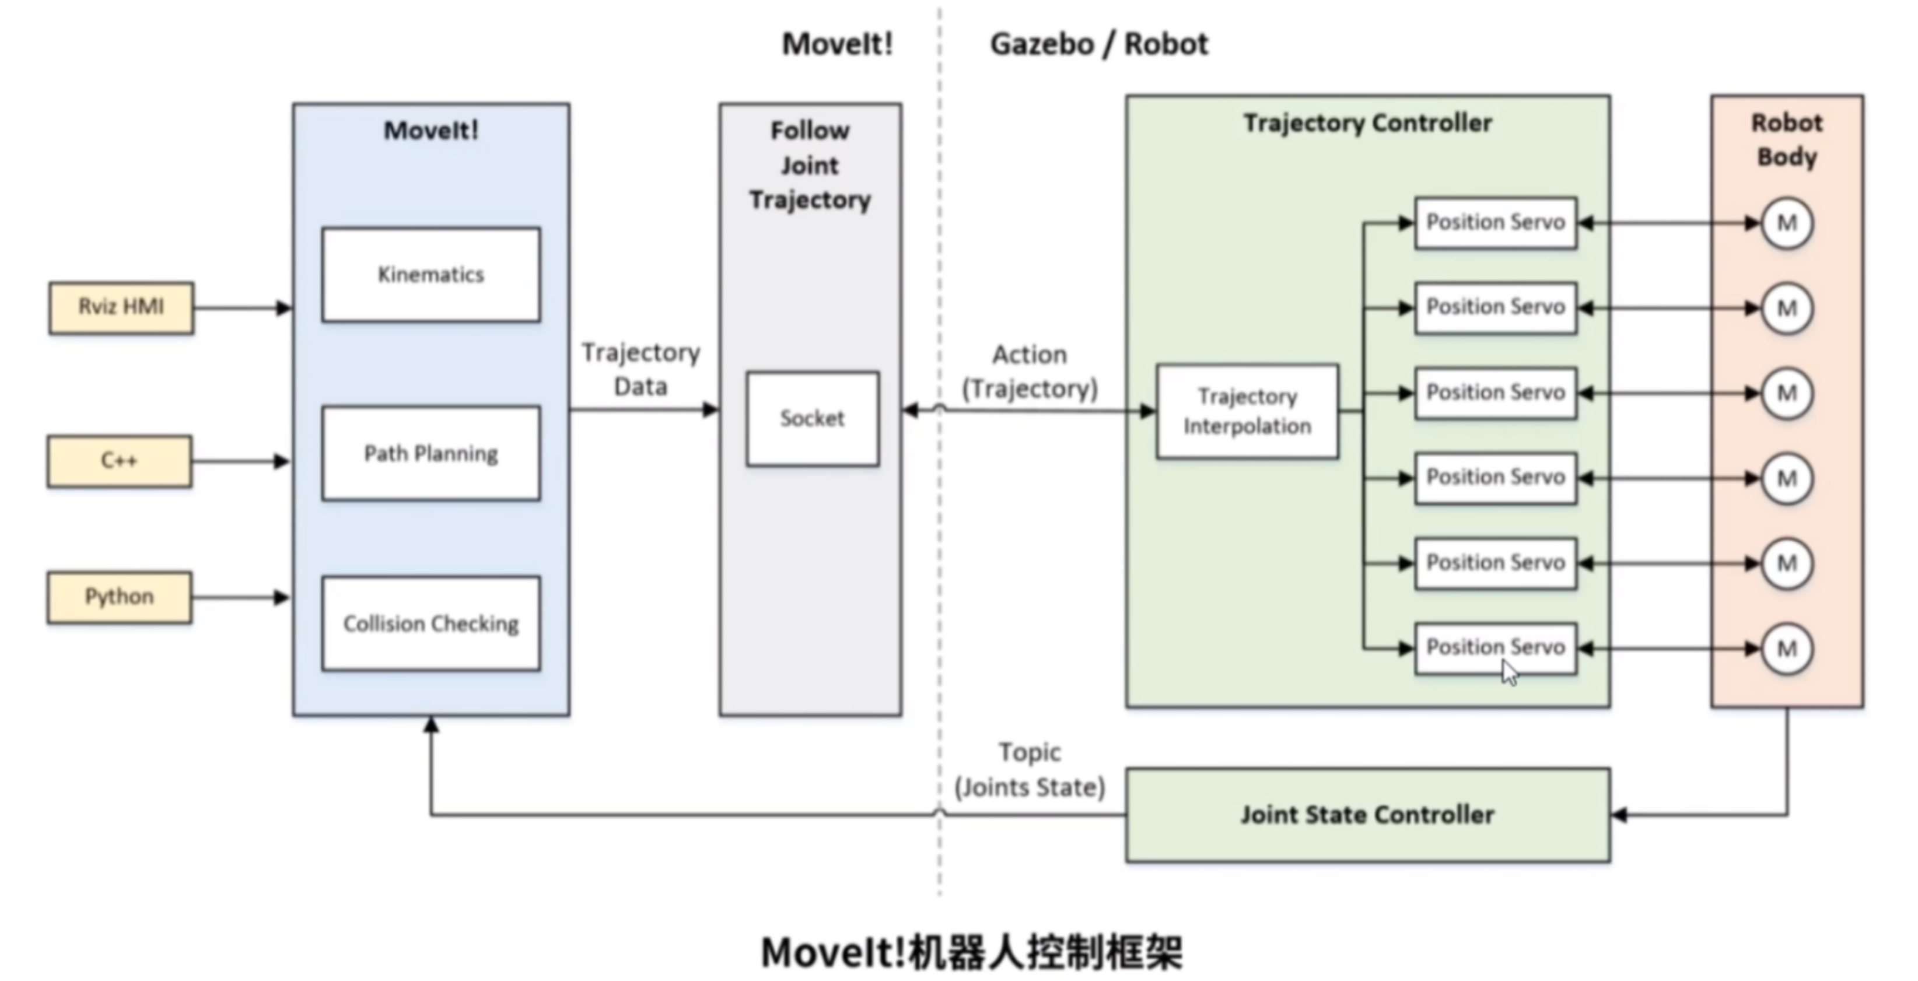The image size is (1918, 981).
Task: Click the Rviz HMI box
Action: tap(121, 307)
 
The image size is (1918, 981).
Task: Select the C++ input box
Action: tap(119, 461)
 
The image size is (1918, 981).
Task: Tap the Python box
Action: tap(119, 597)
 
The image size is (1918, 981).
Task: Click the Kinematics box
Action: tap(431, 275)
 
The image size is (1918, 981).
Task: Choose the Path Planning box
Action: tap(431, 453)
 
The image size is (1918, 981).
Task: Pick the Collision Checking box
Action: tap(431, 623)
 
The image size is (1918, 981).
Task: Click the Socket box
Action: tap(813, 419)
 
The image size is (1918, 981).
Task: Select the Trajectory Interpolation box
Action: tap(1247, 411)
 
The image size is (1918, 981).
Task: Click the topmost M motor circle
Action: tap(1787, 223)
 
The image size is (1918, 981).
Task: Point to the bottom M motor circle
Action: tap(1787, 649)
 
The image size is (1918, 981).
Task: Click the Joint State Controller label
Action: tap(1367, 815)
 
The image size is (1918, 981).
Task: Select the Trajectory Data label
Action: tap(640, 369)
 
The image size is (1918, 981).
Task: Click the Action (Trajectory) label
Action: tap(1030, 372)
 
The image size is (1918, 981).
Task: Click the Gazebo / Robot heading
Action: tap(1098, 44)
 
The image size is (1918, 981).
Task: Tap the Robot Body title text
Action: tap(1787, 140)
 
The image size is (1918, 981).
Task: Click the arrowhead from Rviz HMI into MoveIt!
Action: tap(283, 307)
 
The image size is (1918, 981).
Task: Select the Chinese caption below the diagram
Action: tap(972, 952)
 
